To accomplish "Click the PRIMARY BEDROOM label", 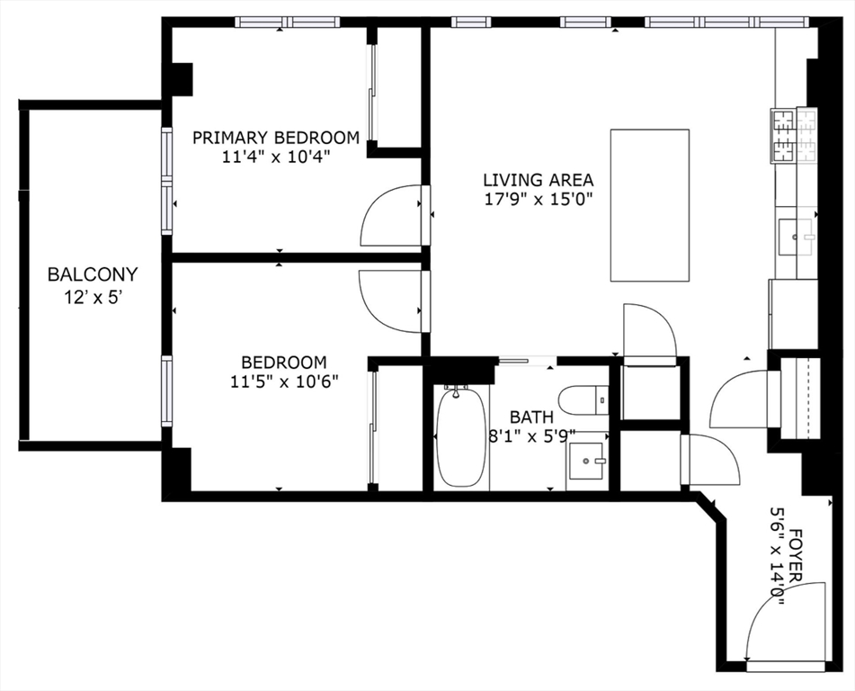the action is pyautogui.click(x=276, y=138).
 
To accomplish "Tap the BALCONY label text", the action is pyautogui.click(x=93, y=274).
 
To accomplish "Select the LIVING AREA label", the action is pyautogui.click(x=539, y=180).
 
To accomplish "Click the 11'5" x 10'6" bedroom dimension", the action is pyautogui.click(x=284, y=381).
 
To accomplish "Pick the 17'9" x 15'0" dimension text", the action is pyautogui.click(x=539, y=199).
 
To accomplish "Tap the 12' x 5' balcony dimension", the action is pyautogui.click(x=92, y=298).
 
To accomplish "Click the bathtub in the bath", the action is pyautogui.click(x=460, y=436).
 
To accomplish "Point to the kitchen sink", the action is pyautogui.click(x=796, y=237).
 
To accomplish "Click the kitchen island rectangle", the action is pyautogui.click(x=650, y=205).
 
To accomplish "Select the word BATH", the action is pyautogui.click(x=531, y=417).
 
